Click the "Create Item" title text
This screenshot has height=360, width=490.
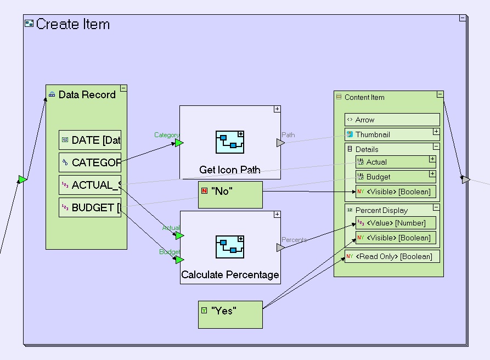point(72,25)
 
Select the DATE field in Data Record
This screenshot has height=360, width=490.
point(90,140)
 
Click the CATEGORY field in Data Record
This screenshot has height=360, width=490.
point(90,162)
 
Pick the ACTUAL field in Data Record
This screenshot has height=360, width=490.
point(90,185)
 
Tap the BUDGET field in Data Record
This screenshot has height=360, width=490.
point(90,207)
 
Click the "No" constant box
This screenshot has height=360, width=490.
point(230,195)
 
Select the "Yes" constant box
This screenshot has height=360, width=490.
point(230,314)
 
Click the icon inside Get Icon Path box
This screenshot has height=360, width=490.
point(230,142)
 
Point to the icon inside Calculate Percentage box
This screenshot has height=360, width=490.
point(230,248)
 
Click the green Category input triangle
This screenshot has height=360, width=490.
point(179,143)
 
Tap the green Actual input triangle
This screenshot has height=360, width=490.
point(179,236)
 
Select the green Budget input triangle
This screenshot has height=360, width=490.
point(179,260)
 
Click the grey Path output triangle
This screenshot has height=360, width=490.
point(280,143)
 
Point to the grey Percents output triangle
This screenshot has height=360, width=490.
point(280,248)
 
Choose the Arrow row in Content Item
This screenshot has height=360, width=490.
point(392,120)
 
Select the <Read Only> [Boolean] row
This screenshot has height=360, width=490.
point(392,256)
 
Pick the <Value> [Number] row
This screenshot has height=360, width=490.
point(396,222)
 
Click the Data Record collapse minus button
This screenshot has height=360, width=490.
point(123,88)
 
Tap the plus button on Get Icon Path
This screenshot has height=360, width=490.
point(277,109)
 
